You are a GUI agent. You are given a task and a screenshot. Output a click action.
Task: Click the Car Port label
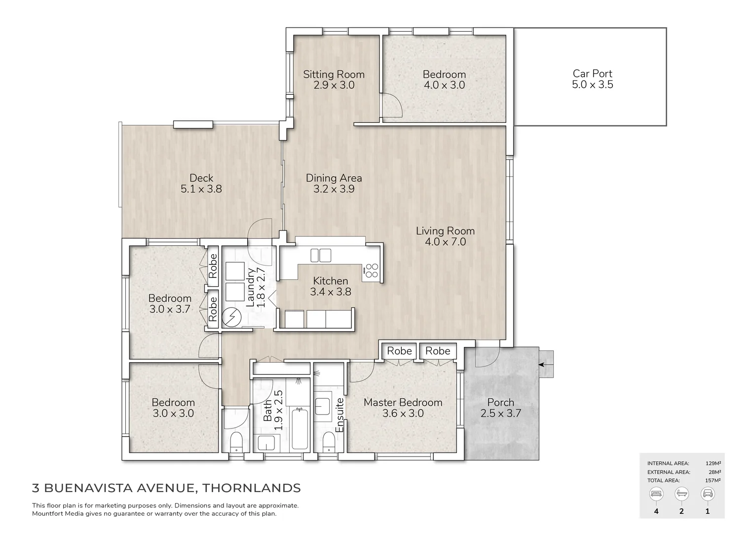point(592,74)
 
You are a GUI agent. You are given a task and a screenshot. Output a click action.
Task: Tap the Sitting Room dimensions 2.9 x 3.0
point(334,85)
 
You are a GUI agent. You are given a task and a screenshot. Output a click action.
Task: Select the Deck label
point(201,178)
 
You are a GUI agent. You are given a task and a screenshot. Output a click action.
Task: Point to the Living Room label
point(445,230)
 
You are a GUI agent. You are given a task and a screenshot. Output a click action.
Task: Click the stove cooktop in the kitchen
point(372,271)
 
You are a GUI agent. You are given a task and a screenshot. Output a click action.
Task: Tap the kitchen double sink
point(321,255)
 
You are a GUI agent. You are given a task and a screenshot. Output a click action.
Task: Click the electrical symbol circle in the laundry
point(230,318)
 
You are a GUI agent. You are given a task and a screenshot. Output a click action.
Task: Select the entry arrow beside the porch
point(545,365)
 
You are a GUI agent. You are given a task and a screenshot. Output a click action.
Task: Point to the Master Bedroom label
point(403,402)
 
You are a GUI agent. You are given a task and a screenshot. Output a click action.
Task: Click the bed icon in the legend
point(656,493)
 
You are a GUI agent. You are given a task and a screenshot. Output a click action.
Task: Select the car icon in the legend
point(707,493)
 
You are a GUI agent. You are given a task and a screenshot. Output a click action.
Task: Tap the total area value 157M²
point(713,480)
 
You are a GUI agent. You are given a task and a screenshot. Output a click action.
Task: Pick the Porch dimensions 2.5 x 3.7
point(500,414)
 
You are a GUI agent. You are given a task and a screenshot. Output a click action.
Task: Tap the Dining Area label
point(334,178)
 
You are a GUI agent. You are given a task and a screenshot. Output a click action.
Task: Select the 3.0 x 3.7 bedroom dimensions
point(170,309)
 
